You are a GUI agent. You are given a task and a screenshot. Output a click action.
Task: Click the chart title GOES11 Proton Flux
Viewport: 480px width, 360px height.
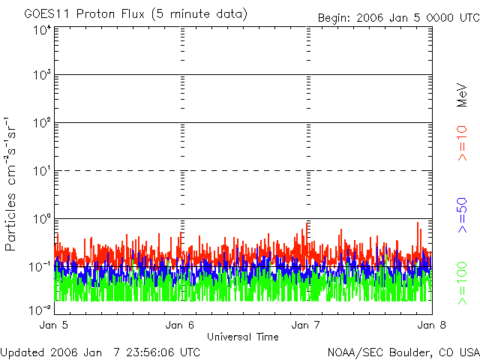coord(135,14)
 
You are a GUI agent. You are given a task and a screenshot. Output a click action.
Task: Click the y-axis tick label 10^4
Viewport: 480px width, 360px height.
coord(42,30)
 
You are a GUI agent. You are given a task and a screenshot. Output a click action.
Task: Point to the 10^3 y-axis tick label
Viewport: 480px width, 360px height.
coord(42,76)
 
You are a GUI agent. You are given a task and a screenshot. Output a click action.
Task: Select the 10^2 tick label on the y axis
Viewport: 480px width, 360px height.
coord(42,124)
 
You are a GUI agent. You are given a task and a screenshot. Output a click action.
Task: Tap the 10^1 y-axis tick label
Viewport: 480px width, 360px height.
coord(42,172)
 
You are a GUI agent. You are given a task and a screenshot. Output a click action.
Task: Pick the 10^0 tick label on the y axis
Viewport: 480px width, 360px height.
coord(42,220)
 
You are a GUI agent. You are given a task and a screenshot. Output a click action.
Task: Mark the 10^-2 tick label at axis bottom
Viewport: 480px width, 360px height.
coord(40,309)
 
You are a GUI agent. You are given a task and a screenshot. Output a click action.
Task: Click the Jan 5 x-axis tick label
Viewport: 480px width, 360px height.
coord(54,325)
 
